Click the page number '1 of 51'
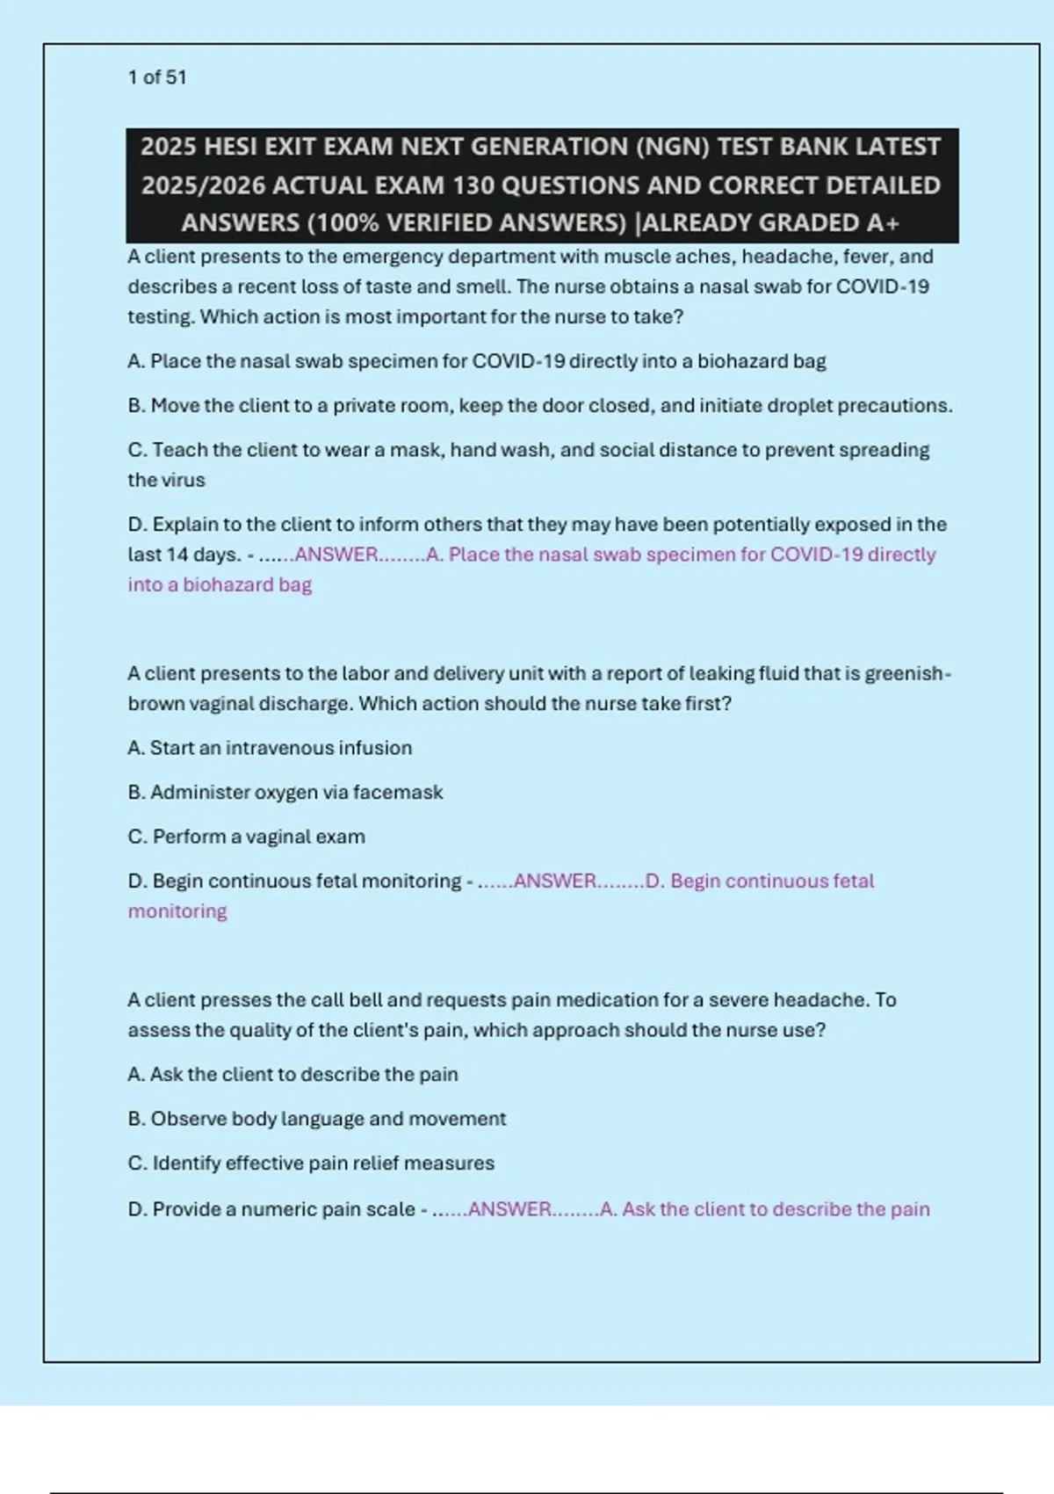(x=157, y=77)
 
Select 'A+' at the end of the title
(x=883, y=223)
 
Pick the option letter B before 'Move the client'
(x=135, y=406)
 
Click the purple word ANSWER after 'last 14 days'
(x=336, y=555)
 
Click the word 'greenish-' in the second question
(x=908, y=674)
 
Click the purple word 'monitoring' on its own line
(x=177, y=911)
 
